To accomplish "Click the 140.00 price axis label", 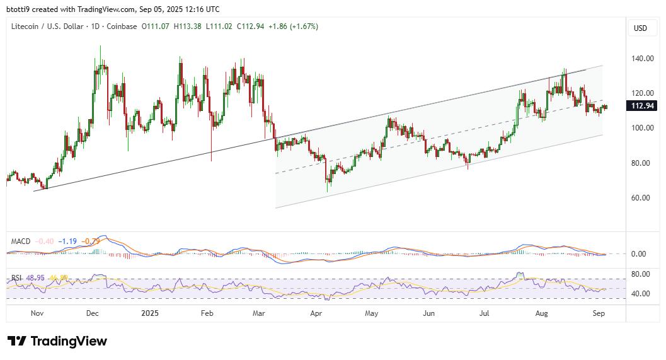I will [641, 59].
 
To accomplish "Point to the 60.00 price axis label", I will [641, 198].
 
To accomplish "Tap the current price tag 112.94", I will [643, 106].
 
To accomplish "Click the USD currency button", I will [640, 28].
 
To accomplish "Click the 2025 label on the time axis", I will [150, 313].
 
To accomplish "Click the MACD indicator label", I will [21, 241].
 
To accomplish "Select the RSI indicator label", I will [18, 278].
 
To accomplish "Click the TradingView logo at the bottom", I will [57, 341].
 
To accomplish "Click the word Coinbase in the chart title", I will [120, 26].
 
